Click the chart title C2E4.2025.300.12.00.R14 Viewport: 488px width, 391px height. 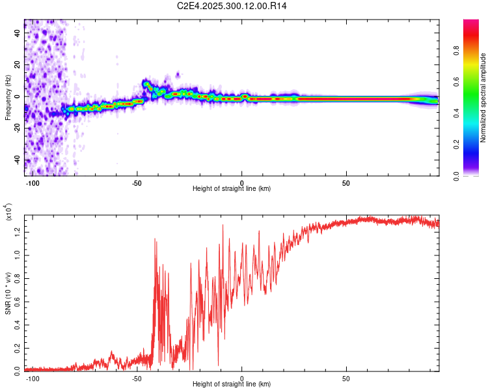pyautogui.click(x=232, y=7)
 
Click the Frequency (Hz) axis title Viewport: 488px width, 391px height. pyautogui.click(x=8, y=98)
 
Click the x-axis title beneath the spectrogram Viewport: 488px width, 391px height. pyautogui.click(x=232, y=189)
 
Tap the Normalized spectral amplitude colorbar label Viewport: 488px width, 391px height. pyautogui.click(x=483, y=98)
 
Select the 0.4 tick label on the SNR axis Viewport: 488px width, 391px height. pyautogui.click(x=18, y=323)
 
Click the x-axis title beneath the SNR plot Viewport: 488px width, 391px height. pyautogui.click(x=232, y=384)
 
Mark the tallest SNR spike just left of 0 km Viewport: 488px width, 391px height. pyautogui.click(x=223, y=225)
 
